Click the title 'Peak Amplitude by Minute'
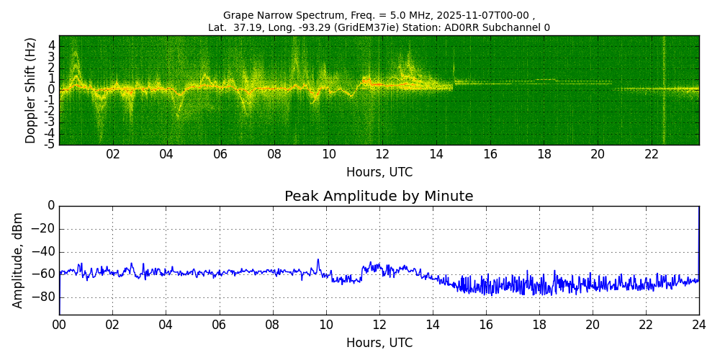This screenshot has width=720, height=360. pos(379,197)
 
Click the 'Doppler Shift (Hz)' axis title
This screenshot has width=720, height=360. pos(31,91)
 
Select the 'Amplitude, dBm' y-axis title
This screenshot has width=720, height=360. pos(19,260)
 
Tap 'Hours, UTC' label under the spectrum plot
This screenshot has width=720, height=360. pos(379,173)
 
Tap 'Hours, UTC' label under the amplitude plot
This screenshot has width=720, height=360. pos(379,343)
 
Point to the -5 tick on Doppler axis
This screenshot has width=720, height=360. pos(50,144)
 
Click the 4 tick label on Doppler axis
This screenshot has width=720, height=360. pos(52,45)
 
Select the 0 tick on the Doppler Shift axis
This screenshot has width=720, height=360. pos(52,90)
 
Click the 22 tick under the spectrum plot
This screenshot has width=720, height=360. pos(652,154)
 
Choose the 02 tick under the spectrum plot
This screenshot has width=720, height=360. pos(113,154)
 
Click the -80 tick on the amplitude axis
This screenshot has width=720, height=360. pos(44,297)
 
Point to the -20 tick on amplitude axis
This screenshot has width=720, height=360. pos(44,229)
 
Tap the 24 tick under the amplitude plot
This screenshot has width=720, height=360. pos(699,324)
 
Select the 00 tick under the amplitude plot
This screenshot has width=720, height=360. pos(59,324)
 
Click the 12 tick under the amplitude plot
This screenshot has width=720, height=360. pos(379,324)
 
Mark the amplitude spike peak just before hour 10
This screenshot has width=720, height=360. pos(318,260)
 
